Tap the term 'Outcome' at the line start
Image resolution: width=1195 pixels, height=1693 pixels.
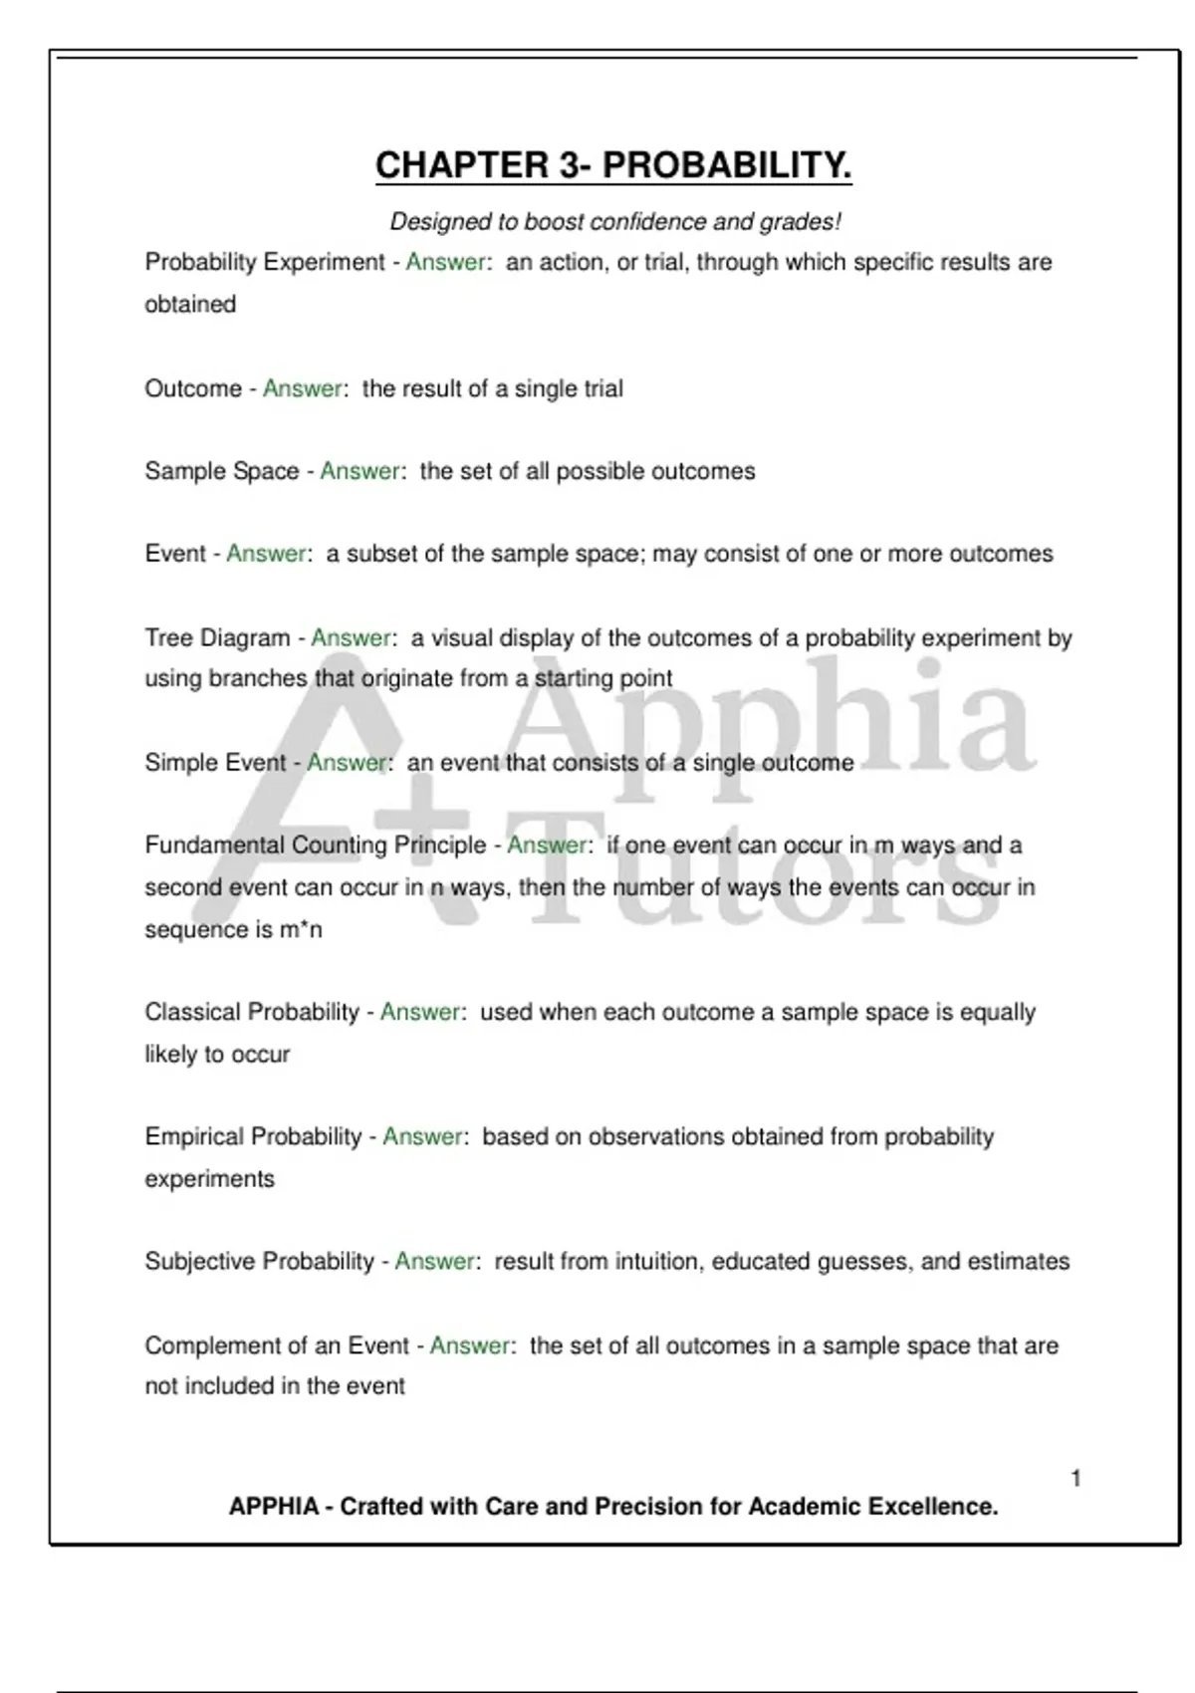tap(193, 388)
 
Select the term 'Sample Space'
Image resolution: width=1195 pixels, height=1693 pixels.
tap(222, 471)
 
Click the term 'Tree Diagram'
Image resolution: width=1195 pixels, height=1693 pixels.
tap(217, 637)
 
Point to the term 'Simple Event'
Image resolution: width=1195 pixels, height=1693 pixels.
tap(215, 763)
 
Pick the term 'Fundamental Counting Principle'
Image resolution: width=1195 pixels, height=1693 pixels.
tap(316, 846)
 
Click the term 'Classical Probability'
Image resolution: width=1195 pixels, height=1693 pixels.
tap(252, 1012)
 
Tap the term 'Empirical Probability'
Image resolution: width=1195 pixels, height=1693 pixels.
tap(253, 1136)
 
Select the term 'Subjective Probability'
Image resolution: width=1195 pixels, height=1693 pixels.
tap(259, 1262)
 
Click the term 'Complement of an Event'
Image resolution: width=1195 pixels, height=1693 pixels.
tap(277, 1345)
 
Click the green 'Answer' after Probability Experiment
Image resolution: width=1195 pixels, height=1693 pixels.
tap(445, 263)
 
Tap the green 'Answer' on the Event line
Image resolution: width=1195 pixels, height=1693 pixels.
tap(266, 554)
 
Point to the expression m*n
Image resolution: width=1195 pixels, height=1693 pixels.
tap(301, 930)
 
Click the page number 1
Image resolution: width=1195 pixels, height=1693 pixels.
tap(1075, 1479)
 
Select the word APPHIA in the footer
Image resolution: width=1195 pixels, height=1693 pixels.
tap(274, 1507)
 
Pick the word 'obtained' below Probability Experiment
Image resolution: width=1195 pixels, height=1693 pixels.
tap(190, 305)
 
